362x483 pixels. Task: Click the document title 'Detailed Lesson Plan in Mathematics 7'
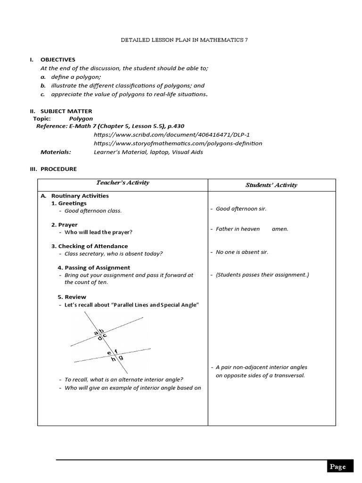click(184, 41)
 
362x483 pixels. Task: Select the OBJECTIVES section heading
click(58, 59)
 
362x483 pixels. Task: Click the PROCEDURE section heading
click(58, 169)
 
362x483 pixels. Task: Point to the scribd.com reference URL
click(172, 135)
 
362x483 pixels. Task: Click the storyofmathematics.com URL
click(178, 143)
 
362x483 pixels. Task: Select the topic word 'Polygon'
click(81, 119)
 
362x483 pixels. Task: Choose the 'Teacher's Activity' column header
click(123, 183)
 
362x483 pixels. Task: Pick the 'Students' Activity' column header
click(271, 185)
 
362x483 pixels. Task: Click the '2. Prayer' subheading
click(65, 225)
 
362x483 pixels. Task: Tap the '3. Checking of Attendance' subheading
click(90, 246)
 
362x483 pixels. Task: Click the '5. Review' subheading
click(69, 297)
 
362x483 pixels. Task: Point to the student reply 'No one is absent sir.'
click(242, 252)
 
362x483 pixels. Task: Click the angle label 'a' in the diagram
click(96, 333)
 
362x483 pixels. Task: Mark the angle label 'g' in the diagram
click(121, 358)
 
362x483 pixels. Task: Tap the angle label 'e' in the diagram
click(109, 352)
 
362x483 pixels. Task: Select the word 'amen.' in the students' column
click(280, 229)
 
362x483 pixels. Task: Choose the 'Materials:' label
click(56, 152)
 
